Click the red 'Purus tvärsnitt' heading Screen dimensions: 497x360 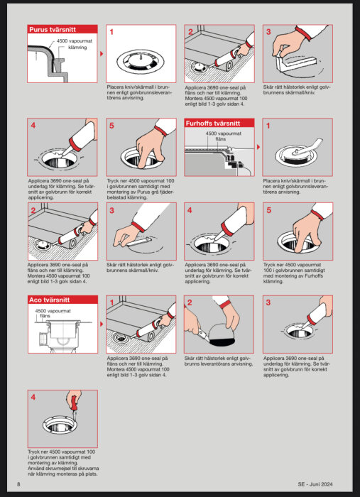52,30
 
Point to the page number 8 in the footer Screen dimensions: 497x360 18,484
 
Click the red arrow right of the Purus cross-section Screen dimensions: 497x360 102,53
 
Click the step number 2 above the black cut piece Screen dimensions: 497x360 190,302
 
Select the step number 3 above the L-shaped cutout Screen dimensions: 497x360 268,31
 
